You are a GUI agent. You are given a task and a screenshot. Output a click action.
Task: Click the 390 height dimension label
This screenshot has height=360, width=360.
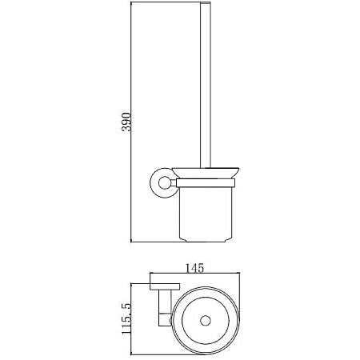(x=126, y=122)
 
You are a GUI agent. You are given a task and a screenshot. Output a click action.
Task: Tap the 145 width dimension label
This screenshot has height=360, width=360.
(x=194, y=268)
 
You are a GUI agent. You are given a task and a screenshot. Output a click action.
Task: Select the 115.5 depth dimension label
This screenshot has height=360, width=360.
(x=126, y=318)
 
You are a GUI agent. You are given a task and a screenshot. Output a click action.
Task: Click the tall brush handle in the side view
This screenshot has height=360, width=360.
(x=206, y=86)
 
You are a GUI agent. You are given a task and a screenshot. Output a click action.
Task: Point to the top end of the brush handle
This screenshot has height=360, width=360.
(x=206, y=2)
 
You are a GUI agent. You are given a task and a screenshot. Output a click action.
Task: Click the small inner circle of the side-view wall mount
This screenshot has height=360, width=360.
(x=164, y=183)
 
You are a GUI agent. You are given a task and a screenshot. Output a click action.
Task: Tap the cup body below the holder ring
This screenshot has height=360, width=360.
(x=206, y=214)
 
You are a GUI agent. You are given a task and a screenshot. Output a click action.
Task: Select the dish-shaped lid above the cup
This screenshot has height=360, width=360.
(x=206, y=173)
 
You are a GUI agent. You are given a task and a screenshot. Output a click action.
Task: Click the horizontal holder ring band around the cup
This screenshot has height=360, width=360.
(x=206, y=183)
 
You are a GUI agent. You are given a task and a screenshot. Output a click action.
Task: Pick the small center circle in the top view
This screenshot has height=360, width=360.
(x=206, y=321)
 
